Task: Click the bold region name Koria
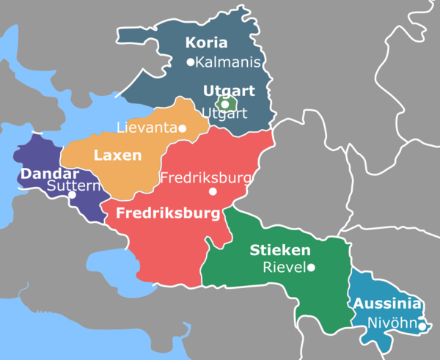(x=205, y=42)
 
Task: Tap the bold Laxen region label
(x=118, y=155)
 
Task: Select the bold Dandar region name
(x=50, y=174)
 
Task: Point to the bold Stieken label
(x=279, y=249)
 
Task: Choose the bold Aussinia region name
(x=387, y=304)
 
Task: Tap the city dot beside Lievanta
(x=183, y=128)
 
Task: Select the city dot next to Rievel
(x=311, y=268)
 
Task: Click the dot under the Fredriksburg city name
(x=213, y=191)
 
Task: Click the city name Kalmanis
(x=228, y=62)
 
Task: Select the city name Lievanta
(x=146, y=128)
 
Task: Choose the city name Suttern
(x=73, y=186)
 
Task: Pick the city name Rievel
(x=283, y=268)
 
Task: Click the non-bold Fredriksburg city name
(x=205, y=177)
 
